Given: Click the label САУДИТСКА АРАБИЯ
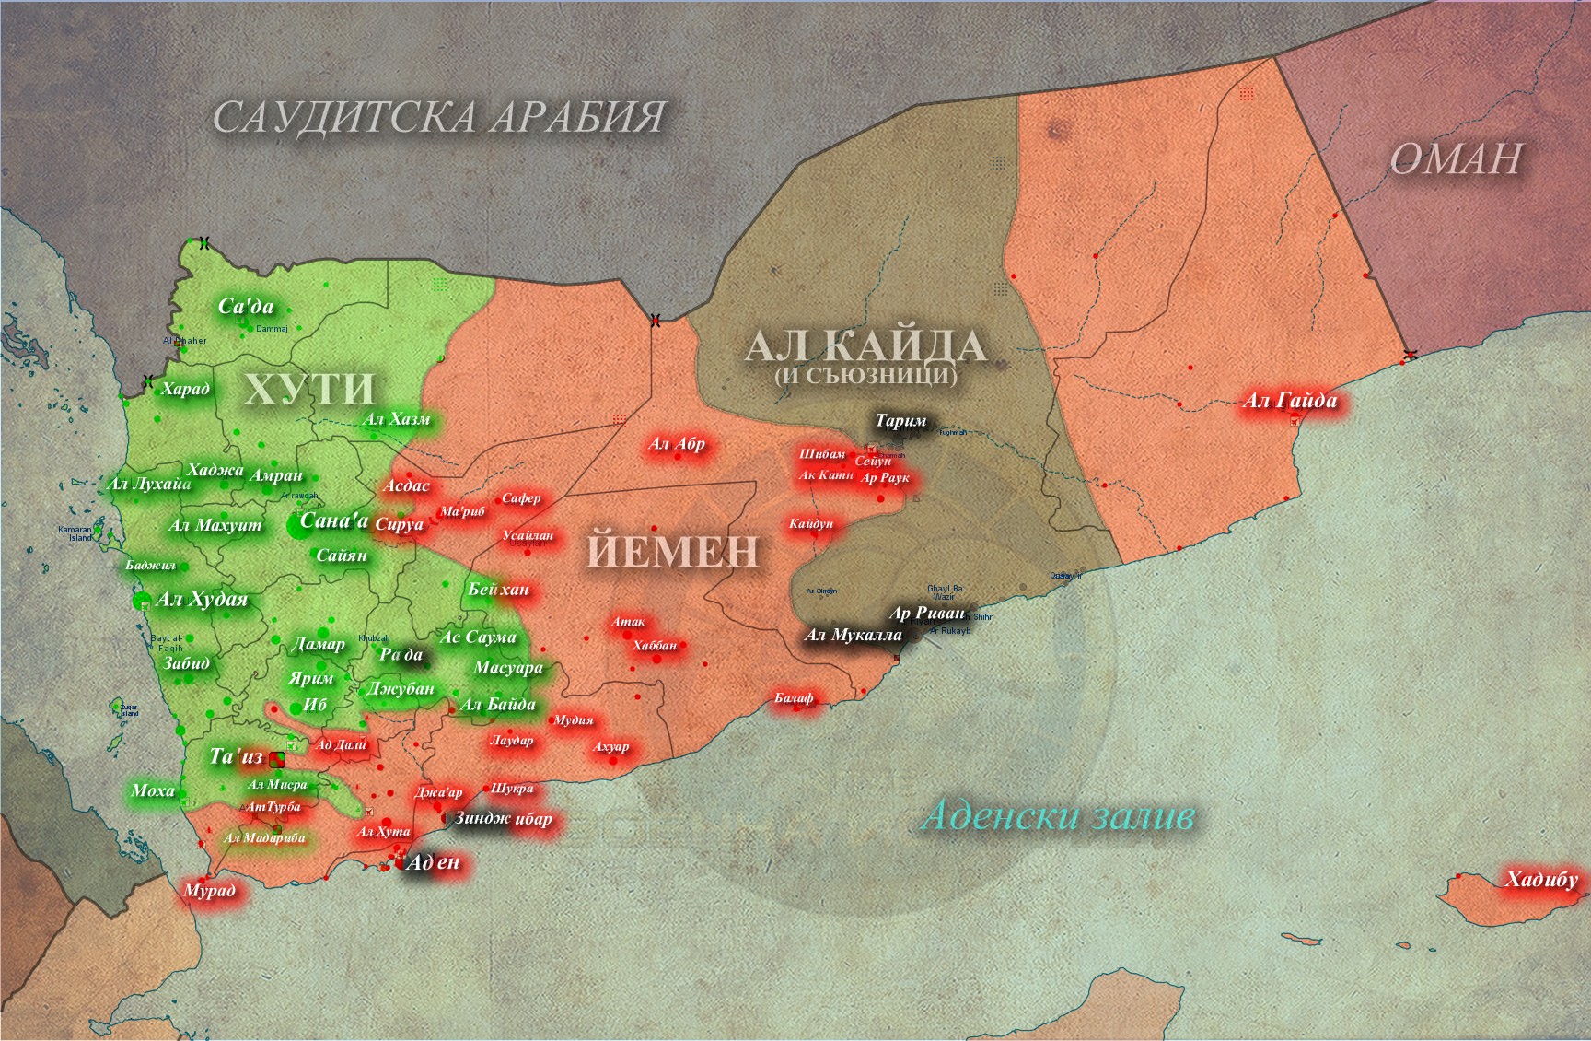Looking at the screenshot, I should coord(438,118).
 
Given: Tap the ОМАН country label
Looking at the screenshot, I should coord(1455,159).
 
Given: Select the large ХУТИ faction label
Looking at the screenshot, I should coord(309,389).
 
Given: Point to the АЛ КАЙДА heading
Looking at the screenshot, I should coord(865,346).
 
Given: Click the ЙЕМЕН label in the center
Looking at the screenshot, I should coord(672,551).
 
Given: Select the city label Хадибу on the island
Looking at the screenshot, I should coord(1541,879).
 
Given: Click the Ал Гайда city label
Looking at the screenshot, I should coord(1289,401).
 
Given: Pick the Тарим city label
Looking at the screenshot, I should coord(900,421).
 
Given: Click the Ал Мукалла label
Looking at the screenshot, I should coord(853,635).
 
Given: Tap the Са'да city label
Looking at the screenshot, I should coord(245,307).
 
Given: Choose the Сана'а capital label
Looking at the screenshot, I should coord(333,521).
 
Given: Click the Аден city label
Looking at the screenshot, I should coord(433,862).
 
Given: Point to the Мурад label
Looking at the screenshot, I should coord(210,890).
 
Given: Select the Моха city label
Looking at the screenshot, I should coord(153,790).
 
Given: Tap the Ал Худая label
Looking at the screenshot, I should coord(203,600).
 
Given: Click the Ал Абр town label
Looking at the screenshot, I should coord(677,444).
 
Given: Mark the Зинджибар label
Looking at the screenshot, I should coord(503,818).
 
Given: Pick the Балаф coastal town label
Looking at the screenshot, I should coord(794,698).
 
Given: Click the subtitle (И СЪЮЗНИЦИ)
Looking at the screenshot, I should coord(865,376).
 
